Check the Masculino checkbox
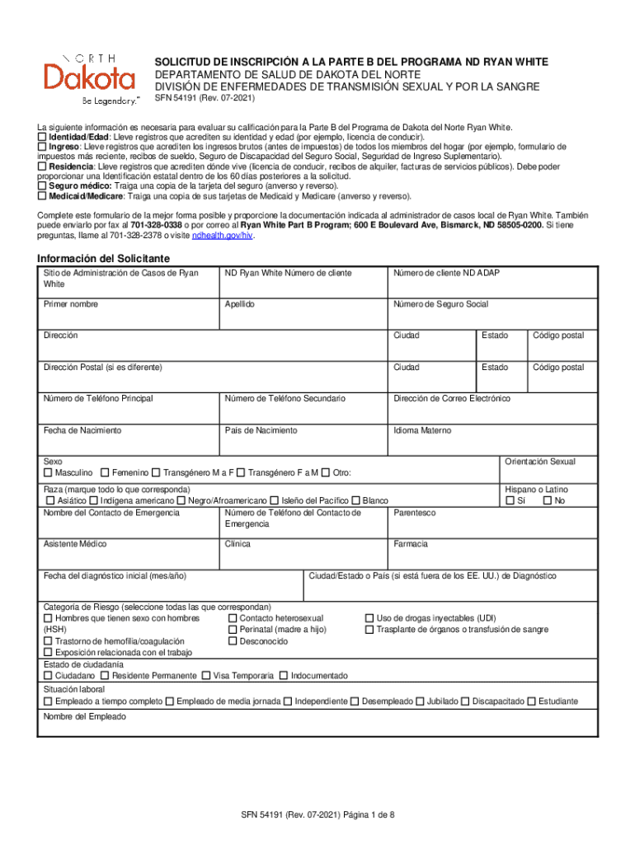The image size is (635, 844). coord(48,473)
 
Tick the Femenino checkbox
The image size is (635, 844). coord(105,473)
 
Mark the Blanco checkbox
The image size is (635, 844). coord(356,501)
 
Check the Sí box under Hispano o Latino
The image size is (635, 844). coord(510,501)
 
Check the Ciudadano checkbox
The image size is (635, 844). coord(48,676)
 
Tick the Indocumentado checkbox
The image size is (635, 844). coord(284,676)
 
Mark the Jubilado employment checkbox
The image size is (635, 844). coord(420,702)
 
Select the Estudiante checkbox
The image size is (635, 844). coord(531,702)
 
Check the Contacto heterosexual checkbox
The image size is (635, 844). coord(233,618)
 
